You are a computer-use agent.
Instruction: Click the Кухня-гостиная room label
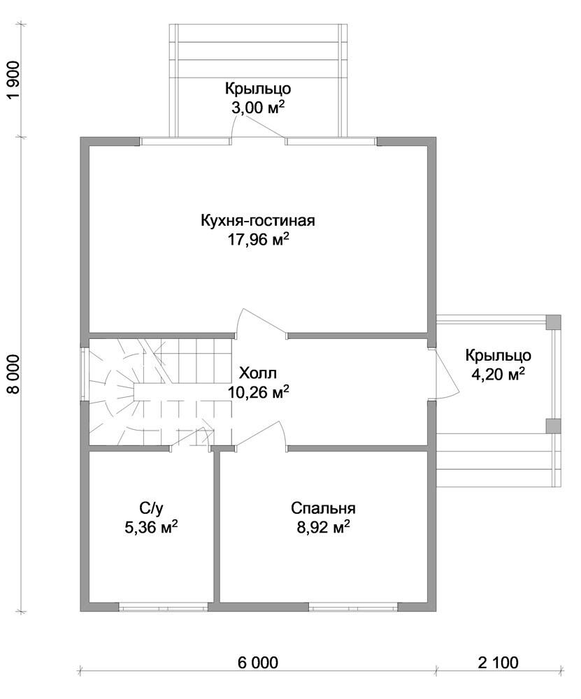(258, 220)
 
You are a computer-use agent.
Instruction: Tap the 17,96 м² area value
(259, 240)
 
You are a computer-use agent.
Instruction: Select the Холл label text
(258, 373)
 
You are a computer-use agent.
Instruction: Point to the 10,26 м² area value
(259, 392)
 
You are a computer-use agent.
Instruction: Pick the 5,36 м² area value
(152, 528)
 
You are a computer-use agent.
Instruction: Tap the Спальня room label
(323, 508)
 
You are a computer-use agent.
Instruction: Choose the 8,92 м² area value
(323, 528)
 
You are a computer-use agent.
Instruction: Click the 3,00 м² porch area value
(258, 108)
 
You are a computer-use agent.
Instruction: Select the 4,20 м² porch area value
(498, 375)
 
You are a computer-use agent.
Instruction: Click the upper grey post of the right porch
(553, 322)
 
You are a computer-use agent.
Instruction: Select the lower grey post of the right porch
(553, 425)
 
